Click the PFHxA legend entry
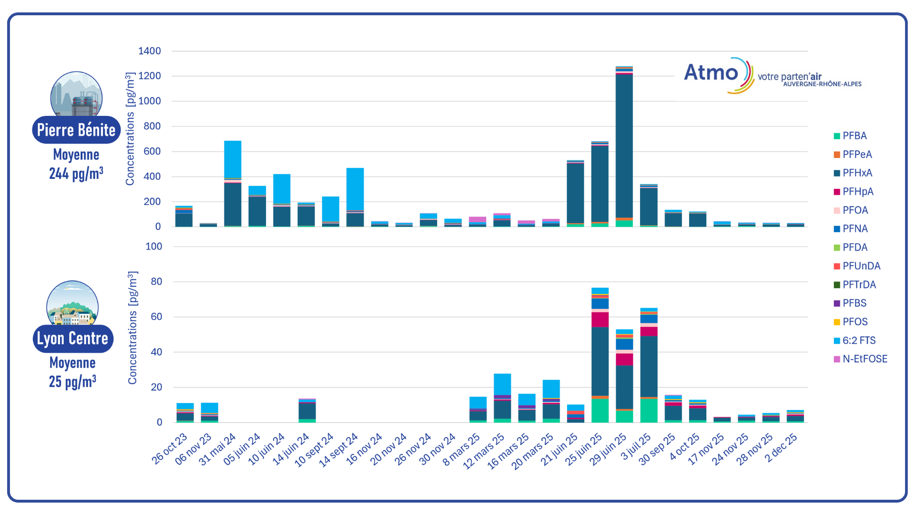point(857,173)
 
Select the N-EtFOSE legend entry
point(864,359)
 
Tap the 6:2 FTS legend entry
point(859,340)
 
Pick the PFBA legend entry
point(854,136)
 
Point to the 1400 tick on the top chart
point(150,51)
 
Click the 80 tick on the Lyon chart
point(156,282)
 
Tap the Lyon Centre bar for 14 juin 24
point(307,410)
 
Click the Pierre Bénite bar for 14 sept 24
point(355,196)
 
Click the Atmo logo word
point(711,72)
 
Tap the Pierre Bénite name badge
point(76,130)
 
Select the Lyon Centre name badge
point(73,339)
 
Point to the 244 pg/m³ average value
point(76,173)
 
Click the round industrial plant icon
point(76,94)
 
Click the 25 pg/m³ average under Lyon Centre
point(72,381)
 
